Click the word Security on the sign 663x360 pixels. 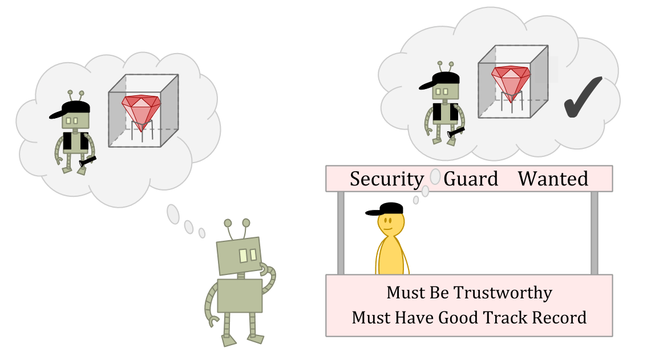click(x=386, y=179)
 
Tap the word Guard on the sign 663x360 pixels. click(x=471, y=179)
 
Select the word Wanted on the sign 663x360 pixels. click(x=553, y=179)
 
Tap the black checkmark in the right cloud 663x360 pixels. click(x=583, y=98)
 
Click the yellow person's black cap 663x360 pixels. click(x=386, y=209)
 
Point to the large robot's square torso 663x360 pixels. click(x=240, y=296)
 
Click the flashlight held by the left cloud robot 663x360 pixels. click(x=87, y=161)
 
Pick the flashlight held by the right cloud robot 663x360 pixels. click(x=456, y=132)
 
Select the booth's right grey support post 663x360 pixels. click(x=594, y=233)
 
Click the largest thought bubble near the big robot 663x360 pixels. click(x=173, y=214)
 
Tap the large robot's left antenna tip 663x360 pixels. click(x=228, y=223)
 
